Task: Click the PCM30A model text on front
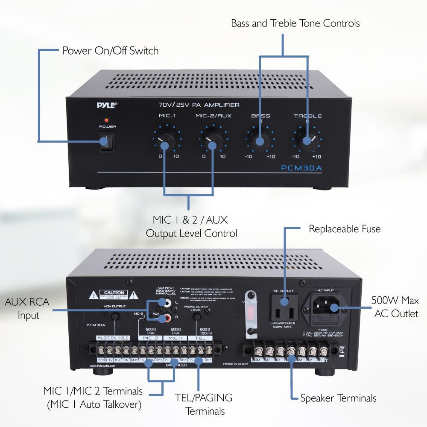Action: point(301,168)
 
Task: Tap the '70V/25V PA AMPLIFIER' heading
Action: point(199,105)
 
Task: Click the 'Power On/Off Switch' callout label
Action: point(110,51)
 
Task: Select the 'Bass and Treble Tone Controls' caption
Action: point(295,23)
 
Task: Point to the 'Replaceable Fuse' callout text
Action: point(344,229)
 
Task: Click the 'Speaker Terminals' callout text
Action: point(338,398)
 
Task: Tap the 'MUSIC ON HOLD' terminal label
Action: point(113,338)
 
